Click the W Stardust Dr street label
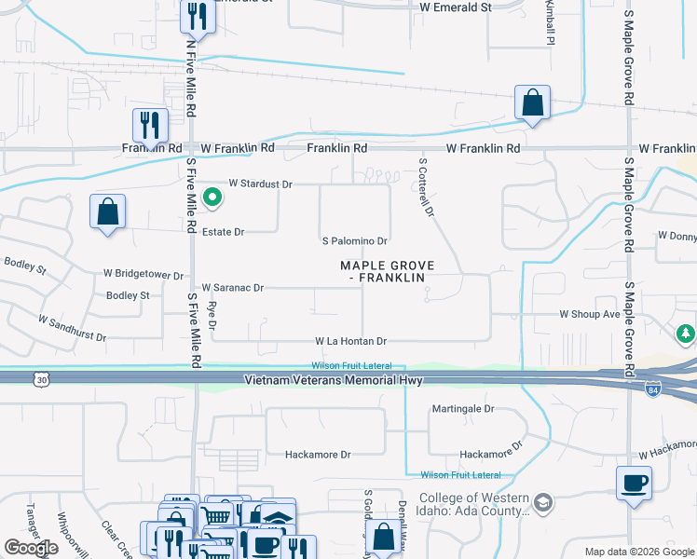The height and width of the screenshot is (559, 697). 260,184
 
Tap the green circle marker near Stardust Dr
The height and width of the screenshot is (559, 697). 212,197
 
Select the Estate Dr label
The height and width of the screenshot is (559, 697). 223,232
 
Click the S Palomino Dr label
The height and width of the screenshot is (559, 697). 353,241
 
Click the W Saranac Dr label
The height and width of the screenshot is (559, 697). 233,289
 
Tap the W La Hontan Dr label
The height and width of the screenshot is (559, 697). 350,342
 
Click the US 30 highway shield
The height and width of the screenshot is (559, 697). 40,379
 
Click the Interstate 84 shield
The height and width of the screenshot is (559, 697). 652,388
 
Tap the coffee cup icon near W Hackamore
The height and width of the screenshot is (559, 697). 634,483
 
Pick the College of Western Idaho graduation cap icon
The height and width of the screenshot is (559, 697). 541,504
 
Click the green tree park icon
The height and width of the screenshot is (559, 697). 686,333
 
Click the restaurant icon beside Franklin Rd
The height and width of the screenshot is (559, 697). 150,125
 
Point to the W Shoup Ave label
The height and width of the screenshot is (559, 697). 590,315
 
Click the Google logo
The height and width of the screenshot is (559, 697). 31,548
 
